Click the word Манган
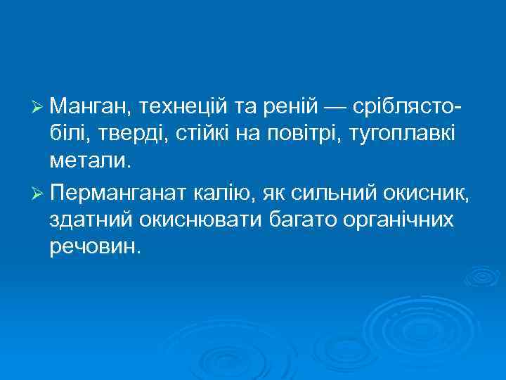click(89, 108)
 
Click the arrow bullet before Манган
click(39, 108)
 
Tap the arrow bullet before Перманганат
click(39, 192)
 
